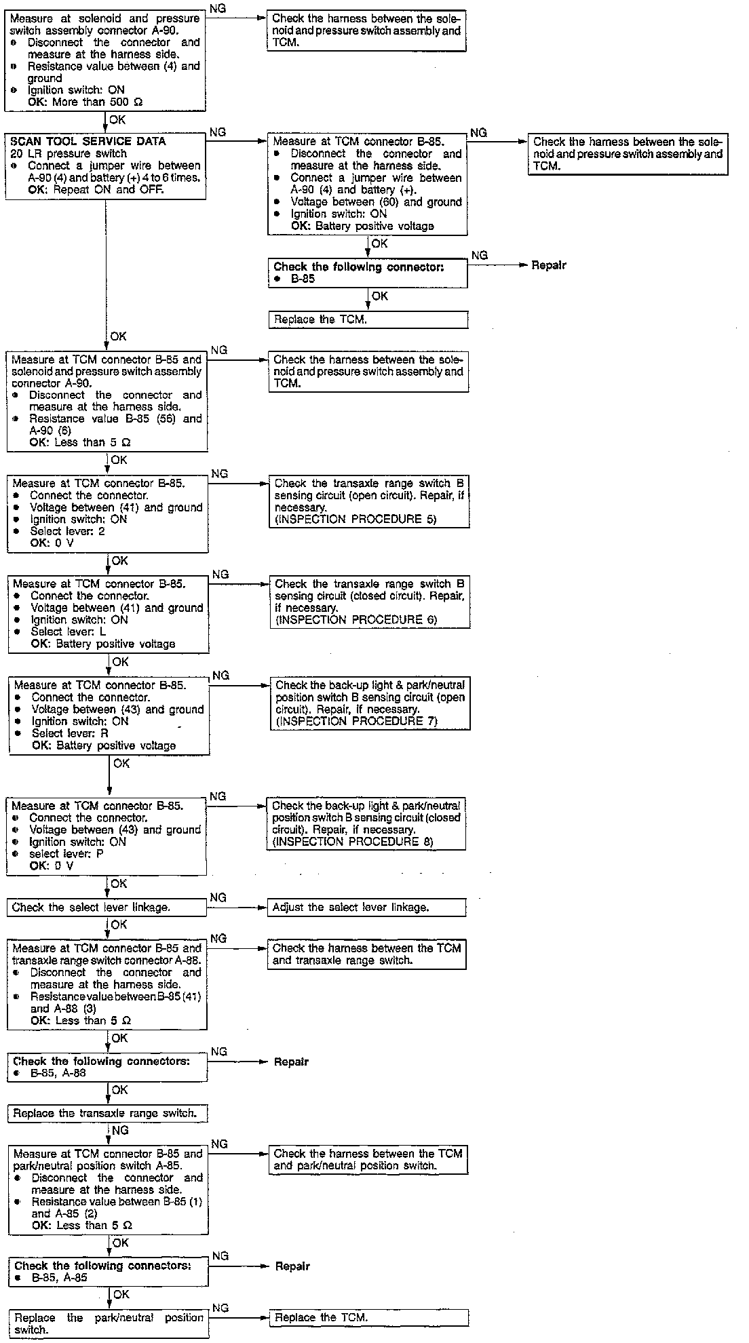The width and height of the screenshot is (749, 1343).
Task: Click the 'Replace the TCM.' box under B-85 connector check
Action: click(367, 319)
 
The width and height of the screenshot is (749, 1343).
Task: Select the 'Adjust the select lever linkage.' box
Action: click(367, 908)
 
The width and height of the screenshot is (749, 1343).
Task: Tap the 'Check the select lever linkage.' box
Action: click(107, 908)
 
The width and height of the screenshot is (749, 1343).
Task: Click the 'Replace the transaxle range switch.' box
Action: click(107, 1113)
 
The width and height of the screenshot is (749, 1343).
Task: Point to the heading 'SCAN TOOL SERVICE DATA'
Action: click(88, 142)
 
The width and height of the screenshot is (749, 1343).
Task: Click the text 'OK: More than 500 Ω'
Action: click(85, 102)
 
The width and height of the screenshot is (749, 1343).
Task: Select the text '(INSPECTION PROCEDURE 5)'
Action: click(356, 520)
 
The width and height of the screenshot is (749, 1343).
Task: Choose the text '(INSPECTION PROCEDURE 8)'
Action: click(353, 842)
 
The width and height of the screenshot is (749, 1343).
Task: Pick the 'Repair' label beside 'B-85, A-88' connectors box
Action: click(291, 1062)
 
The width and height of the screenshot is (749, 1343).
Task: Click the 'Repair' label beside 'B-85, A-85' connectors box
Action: click(292, 1266)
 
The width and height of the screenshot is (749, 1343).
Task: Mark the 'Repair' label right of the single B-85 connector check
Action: click(549, 265)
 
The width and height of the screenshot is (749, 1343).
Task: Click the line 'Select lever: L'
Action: click(69, 631)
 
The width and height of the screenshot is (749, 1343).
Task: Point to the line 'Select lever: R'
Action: click(70, 733)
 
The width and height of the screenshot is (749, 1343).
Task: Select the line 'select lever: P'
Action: click(66, 854)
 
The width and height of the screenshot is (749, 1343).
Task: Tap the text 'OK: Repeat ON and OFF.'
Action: click(96, 190)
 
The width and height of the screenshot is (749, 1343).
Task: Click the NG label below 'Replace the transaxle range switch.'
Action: click(120, 1131)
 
